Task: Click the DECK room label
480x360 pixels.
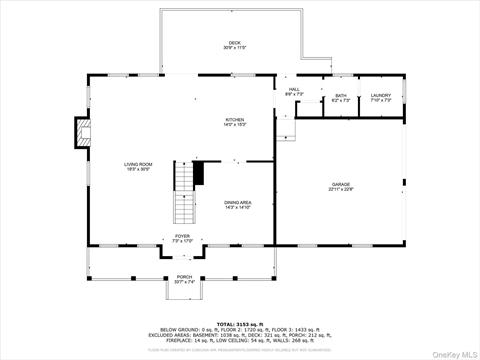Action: click(x=235, y=42)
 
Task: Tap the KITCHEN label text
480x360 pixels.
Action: click(x=235, y=119)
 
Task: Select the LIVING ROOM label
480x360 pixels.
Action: click(x=138, y=164)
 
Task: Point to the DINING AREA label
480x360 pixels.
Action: click(x=238, y=202)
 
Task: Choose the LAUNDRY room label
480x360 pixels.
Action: click(x=381, y=96)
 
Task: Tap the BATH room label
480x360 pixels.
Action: click(x=341, y=96)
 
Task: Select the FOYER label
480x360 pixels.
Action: click(x=182, y=236)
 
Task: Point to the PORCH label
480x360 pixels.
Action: click(x=184, y=276)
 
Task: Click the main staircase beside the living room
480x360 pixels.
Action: click(x=185, y=195)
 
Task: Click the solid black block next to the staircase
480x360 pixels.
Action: click(x=199, y=173)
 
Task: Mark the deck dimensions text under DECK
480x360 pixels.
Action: click(x=235, y=48)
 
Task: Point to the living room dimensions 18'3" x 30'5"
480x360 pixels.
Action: click(x=138, y=169)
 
